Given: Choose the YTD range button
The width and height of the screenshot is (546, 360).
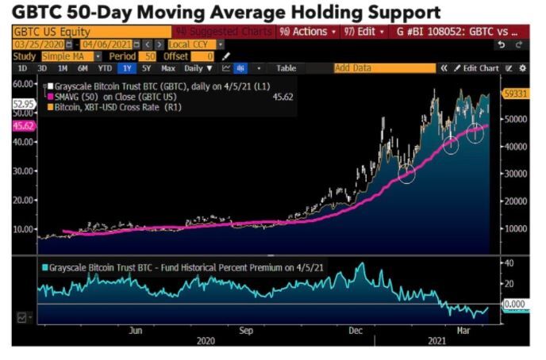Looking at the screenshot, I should click(x=104, y=68).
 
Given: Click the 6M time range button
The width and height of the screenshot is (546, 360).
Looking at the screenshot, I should click(x=82, y=68).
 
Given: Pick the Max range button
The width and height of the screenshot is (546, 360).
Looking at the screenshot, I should click(x=167, y=68).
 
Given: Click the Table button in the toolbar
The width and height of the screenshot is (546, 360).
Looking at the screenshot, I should click(x=286, y=68).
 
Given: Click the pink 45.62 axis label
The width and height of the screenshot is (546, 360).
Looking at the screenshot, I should click(x=24, y=124).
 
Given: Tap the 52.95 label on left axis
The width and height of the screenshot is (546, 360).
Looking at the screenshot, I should click(x=23, y=103).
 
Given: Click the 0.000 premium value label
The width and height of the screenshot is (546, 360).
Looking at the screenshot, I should click(x=516, y=304).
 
